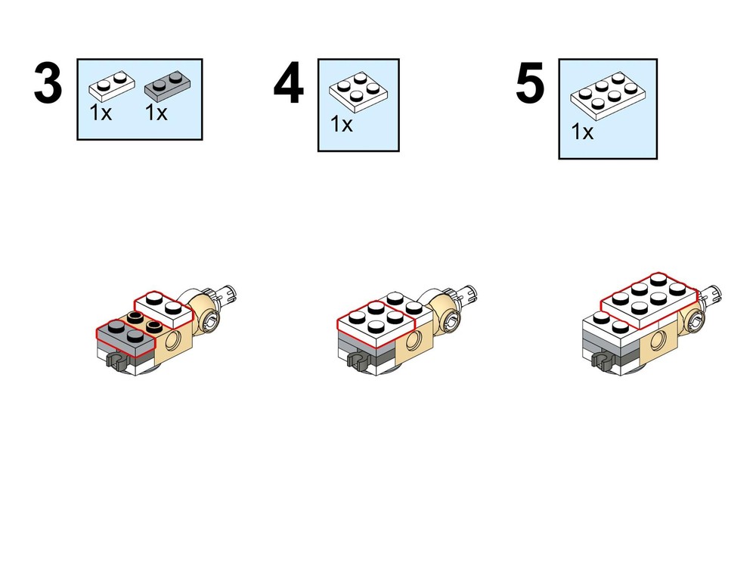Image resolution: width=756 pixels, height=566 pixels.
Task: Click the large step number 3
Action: pyautogui.click(x=48, y=83)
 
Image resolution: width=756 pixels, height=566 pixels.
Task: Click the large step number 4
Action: pyautogui.click(x=288, y=83)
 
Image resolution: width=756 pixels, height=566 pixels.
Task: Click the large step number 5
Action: pyautogui.click(x=530, y=83)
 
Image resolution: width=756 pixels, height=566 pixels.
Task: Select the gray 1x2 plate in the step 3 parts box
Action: pyautogui.click(x=167, y=85)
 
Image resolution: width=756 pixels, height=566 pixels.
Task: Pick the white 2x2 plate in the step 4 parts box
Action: pyautogui.click(x=359, y=92)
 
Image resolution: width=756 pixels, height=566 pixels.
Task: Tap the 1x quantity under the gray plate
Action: pyautogui.click(x=156, y=113)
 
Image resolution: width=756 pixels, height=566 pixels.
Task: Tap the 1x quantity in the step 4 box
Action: pyautogui.click(x=342, y=125)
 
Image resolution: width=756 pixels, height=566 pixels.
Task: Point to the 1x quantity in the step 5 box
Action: pyautogui.click(x=582, y=131)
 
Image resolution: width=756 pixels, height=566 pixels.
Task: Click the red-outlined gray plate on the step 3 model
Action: pyautogui.click(x=125, y=336)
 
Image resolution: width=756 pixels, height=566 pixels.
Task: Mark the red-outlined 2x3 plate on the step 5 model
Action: pyautogui.click(x=649, y=300)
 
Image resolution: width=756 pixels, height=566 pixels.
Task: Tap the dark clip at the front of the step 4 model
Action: pyautogui.click(x=359, y=361)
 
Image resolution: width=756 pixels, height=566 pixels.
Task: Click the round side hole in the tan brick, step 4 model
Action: pyautogui.click(x=412, y=342)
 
